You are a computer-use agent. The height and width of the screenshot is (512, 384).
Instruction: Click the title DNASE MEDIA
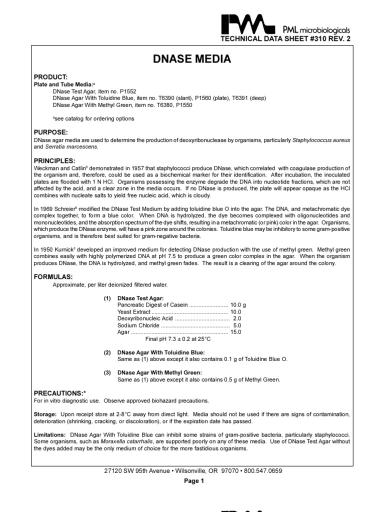point(191,59)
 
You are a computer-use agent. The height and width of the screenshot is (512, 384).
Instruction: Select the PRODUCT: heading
point(50,76)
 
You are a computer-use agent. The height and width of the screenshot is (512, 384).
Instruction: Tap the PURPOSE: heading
point(50,132)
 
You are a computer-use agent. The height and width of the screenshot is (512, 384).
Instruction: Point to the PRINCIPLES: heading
point(54,160)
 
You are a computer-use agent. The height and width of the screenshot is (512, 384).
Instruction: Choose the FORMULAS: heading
point(53,276)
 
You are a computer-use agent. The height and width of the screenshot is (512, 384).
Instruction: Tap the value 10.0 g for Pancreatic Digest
point(238,304)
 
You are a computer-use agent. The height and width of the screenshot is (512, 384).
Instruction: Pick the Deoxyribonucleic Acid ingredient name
point(145,318)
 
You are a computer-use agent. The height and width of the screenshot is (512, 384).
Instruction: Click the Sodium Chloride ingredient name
point(138,325)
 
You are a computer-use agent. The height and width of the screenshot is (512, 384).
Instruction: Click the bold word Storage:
point(45,414)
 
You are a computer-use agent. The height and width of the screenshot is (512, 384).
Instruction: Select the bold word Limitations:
point(50,435)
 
